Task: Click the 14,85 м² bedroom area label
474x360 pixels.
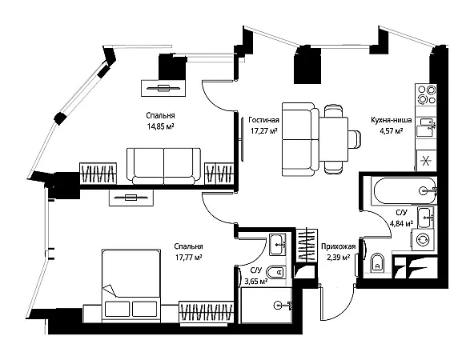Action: coord(160,126)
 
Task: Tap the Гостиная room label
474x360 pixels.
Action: coord(263,120)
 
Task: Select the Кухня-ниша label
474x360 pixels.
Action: coord(392,120)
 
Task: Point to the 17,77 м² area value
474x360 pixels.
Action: coord(188,258)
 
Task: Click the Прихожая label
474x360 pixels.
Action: coord(338,246)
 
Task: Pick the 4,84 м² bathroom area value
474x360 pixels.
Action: coord(401,224)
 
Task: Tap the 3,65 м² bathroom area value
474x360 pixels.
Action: coord(255,282)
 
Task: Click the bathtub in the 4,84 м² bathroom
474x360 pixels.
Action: coord(404,190)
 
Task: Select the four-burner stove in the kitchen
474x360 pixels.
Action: coord(426,94)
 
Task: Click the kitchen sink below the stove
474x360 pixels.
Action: coord(426,127)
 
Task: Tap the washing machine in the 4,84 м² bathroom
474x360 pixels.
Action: coord(423,240)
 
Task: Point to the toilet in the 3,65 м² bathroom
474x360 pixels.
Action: coord(276,272)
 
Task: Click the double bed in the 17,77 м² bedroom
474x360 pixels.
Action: coord(131,286)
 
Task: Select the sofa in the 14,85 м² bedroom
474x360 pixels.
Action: coord(163,166)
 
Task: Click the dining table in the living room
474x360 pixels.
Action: coord(334,139)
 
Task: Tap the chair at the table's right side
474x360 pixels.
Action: coord(354,139)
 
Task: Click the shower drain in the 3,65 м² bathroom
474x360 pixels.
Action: coord(278,306)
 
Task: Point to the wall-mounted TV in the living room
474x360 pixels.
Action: coord(242,139)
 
